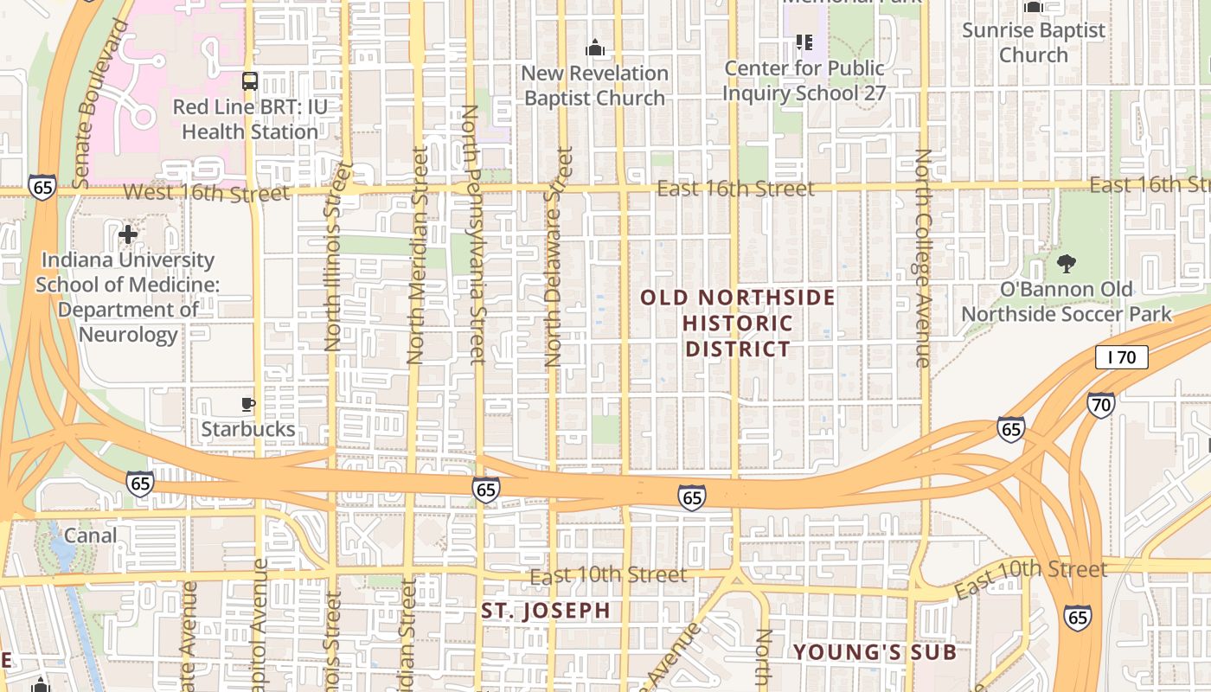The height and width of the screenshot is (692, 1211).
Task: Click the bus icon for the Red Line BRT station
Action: click(x=250, y=81)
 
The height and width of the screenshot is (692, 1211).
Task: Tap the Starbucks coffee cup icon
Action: click(x=248, y=404)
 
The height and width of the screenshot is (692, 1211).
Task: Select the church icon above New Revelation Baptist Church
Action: click(x=594, y=48)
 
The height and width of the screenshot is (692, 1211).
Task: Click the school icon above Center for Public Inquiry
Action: click(x=804, y=42)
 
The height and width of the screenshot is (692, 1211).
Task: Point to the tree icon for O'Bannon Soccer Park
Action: click(x=1067, y=263)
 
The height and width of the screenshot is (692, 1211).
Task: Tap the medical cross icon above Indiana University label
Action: click(x=128, y=234)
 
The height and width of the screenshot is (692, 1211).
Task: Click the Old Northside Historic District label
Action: click(x=738, y=324)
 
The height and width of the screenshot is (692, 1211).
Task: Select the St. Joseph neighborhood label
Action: click(x=546, y=611)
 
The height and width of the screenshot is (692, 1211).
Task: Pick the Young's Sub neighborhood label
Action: click(x=875, y=652)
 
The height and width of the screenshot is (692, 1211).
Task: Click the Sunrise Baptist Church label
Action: click(x=1034, y=42)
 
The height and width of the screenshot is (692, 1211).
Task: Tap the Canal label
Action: click(x=90, y=535)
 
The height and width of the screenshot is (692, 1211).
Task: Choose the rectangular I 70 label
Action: click(x=1121, y=356)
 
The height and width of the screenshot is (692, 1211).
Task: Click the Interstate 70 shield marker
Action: click(x=1100, y=404)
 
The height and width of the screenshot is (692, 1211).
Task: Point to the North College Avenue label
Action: click(x=923, y=258)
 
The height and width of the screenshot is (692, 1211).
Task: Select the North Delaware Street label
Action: click(x=559, y=257)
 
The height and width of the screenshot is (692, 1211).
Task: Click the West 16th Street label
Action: click(x=207, y=192)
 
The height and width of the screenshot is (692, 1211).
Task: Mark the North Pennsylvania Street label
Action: click(x=472, y=234)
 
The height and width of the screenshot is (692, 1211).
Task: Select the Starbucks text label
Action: click(x=248, y=429)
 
